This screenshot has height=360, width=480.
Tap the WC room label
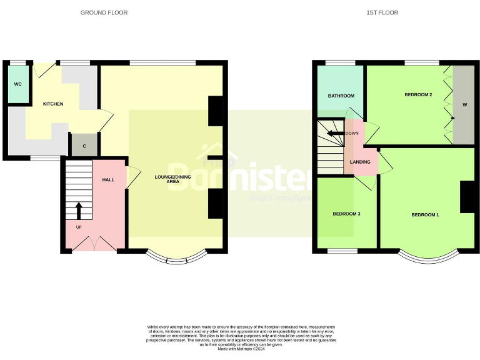click(x=17, y=83)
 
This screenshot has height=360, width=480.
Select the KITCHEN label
click(x=52, y=104)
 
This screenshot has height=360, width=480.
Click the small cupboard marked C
click(x=84, y=146)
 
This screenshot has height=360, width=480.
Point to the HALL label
click(x=107, y=180)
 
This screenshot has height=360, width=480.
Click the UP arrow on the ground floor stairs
click(x=79, y=209)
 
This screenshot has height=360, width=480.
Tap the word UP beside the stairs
click(x=78, y=226)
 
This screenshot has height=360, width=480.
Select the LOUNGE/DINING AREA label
click(x=172, y=179)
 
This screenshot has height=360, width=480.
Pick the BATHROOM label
click(x=341, y=96)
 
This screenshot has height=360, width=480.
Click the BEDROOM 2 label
click(x=418, y=94)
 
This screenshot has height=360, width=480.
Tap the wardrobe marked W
click(x=464, y=104)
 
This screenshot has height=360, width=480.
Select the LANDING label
click(x=360, y=162)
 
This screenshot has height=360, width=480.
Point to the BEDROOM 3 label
click(x=346, y=214)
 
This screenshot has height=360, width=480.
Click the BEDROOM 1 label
click(x=424, y=215)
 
